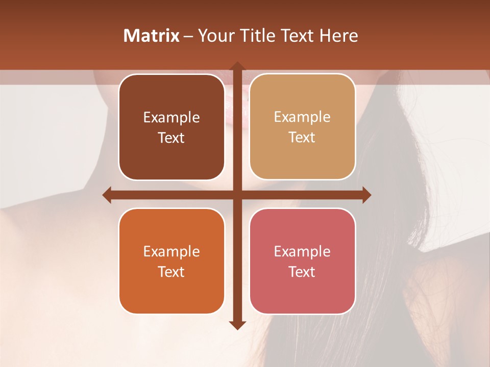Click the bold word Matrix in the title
151,36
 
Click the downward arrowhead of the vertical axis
237,325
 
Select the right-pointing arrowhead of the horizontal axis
366,195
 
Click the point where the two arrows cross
237,195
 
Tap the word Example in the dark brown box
171,117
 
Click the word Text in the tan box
302,137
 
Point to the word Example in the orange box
171,251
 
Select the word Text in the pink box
302,272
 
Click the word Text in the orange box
171,272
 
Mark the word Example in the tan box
302,117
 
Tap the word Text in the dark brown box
171,138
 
